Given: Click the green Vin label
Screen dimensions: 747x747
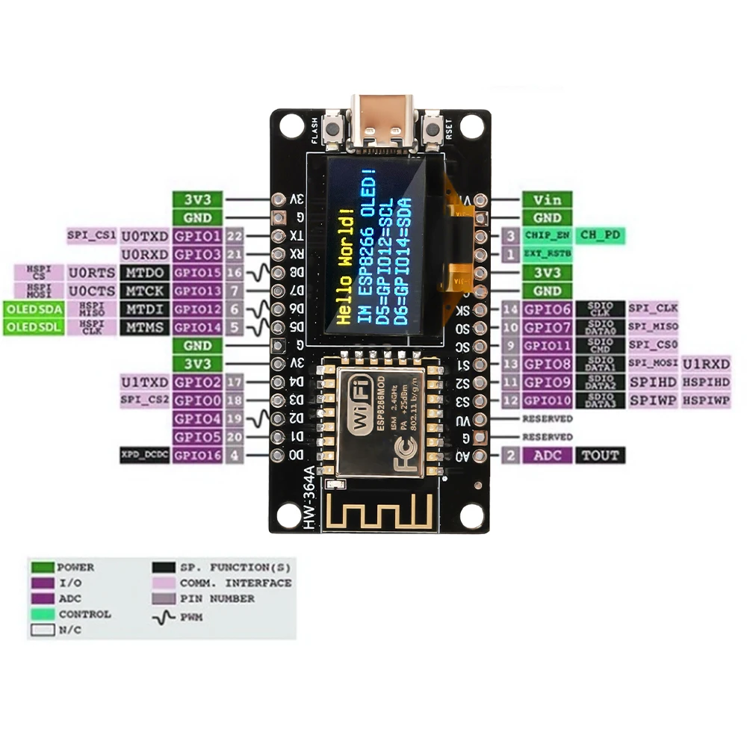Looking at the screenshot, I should point(548,199).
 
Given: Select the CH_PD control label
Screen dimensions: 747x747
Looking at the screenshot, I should point(601,235).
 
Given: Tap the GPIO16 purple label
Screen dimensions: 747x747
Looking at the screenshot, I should point(197,455).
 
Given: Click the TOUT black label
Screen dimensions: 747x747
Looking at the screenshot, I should point(600,455).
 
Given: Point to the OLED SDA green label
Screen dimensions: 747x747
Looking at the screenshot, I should point(33,309).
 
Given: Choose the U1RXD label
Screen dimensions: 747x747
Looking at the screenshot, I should point(705,364).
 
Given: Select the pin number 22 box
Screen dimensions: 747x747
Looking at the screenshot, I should point(235,236).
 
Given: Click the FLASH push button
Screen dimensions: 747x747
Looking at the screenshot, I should point(334,128).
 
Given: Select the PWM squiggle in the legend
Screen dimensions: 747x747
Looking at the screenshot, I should point(164,617).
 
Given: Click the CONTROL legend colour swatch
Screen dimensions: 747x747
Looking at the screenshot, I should point(42,614).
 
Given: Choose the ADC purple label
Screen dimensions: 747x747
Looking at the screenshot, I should point(548,455).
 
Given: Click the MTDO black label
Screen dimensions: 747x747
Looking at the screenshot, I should point(145,273).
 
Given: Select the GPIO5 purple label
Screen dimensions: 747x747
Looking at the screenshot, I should point(197,437).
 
